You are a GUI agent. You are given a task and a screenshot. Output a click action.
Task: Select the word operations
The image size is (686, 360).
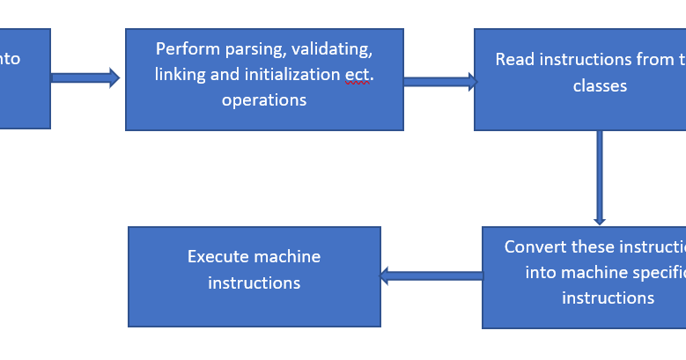(264, 99)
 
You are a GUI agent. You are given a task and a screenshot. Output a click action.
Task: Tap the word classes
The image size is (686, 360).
(600, 85)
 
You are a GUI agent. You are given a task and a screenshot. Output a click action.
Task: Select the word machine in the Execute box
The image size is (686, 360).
(287, 257)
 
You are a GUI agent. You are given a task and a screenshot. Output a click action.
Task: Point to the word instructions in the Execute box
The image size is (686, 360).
(254, 283)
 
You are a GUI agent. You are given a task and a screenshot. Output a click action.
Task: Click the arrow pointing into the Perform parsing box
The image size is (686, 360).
(85, 77)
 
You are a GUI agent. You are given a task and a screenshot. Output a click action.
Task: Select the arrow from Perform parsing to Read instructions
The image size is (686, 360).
(439, 82)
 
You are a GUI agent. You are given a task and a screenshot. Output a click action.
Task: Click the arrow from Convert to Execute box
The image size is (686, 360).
(432, 276)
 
